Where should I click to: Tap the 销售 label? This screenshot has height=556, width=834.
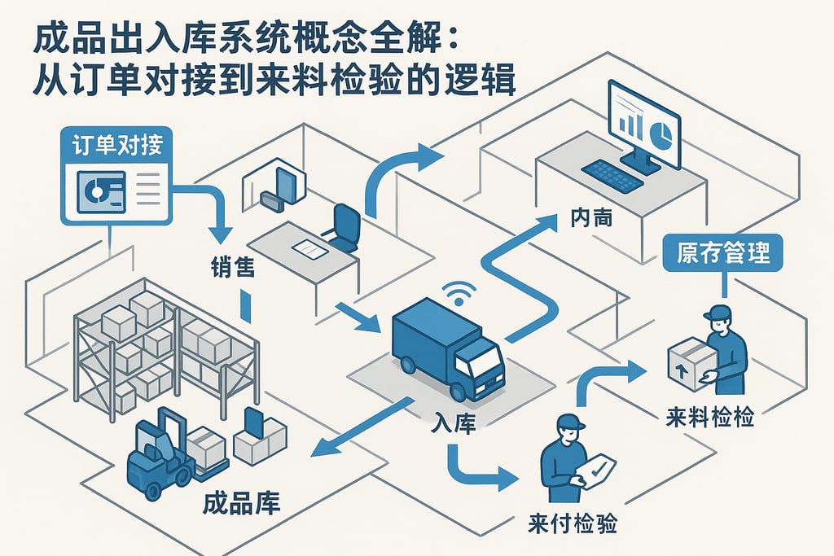click(x=231, y=265)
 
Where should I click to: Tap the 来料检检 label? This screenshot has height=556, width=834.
click(x=709, y=418)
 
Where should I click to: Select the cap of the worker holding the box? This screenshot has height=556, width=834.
click(x=717, y=312)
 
